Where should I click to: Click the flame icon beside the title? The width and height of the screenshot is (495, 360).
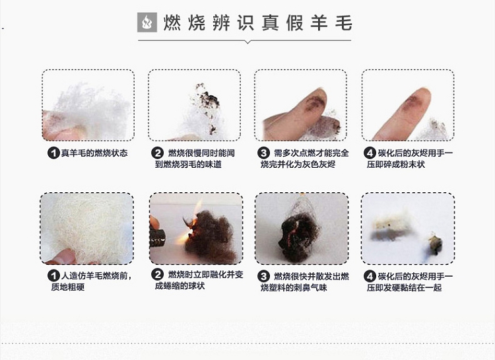147,22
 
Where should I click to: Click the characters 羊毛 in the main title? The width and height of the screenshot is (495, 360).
331,22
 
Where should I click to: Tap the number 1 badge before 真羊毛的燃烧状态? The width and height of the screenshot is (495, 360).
53,153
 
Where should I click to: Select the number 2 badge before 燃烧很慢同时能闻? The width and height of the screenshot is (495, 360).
157,153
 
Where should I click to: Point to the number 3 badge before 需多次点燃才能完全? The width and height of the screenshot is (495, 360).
263,153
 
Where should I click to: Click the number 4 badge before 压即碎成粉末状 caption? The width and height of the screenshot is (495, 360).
370,153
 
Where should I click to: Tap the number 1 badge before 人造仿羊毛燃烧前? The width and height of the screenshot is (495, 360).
53,276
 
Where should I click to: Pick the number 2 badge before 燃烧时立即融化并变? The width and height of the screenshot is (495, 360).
157,275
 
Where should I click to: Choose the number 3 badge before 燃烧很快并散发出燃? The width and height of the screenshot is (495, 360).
263,277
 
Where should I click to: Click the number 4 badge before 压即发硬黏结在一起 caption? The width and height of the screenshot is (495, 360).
370,277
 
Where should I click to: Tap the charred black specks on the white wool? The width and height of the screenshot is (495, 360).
208,104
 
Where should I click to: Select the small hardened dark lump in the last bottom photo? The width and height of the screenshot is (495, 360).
436,243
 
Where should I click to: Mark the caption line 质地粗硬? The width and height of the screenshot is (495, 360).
68,287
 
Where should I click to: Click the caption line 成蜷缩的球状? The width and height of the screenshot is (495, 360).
180,286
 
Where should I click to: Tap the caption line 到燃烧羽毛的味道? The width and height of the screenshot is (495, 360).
188,164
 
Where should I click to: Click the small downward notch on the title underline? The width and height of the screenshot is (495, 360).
247,42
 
